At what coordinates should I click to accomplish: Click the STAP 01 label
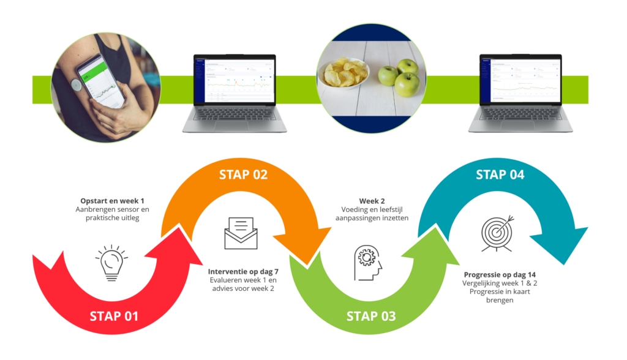(114, 317)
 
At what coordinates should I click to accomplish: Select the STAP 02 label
(244, 174)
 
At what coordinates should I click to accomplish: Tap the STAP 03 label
(371, 317)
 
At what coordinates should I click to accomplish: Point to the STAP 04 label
(500, 174)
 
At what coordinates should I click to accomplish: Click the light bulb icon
(111, 262)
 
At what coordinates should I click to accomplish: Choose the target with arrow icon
(497, 233)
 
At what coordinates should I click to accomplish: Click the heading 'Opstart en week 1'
(114, 200)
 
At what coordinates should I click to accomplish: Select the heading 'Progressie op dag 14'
(500, 274)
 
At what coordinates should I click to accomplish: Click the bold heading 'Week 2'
(369, 200)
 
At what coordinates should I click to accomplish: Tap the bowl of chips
(342, 75)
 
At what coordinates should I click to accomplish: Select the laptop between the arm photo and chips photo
(235, 92)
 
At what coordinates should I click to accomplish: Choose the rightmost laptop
(520, 92)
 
